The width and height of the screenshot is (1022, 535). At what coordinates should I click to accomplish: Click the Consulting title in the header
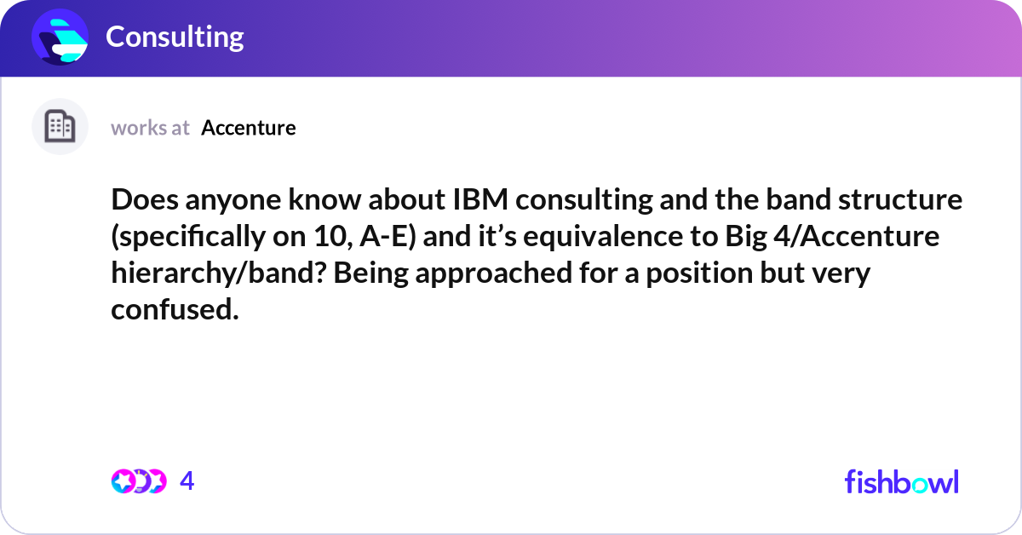point(175,37)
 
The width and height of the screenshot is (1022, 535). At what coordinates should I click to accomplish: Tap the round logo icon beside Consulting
point(60,37)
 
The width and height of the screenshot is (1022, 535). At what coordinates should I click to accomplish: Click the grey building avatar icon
point(60,127)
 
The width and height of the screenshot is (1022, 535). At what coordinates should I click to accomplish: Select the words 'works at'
point(150,128)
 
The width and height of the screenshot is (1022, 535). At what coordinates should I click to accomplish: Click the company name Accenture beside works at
point(249,128)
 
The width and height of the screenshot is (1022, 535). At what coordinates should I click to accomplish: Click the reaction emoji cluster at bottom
point(138,481)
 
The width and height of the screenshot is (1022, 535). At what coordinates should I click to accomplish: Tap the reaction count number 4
point(187,481)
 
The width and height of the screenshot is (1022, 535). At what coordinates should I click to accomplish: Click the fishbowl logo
point(901,481)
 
